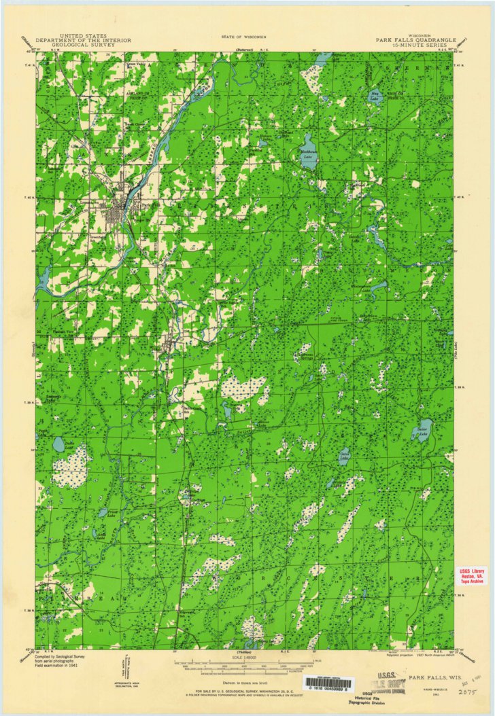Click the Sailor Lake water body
tap(423, 431)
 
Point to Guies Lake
tap(58, 445)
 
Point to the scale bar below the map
tap(245, 662)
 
